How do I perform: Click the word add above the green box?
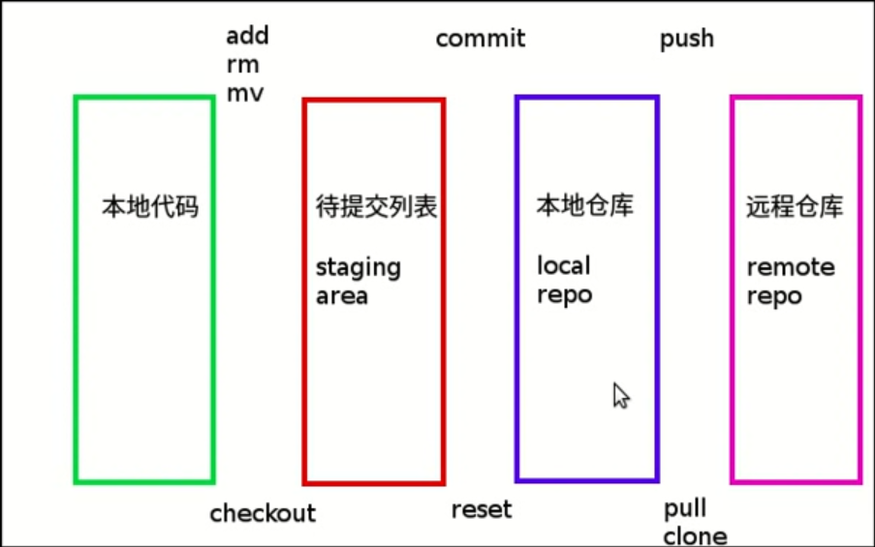point(247,37)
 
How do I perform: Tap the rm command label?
point(242,65)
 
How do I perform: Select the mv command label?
point(245,94)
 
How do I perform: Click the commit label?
point(480,39)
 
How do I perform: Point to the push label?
point(686,40)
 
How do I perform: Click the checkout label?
point(263,513)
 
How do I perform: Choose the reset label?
point(481,510)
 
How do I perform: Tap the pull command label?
point(684,509)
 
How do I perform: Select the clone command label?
point(695,535)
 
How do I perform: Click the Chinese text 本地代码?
point(150,206)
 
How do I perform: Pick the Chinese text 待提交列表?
point(376,206)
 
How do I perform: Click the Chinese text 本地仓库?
point(585,205)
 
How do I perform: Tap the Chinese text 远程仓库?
point(795,206)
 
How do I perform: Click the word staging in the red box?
point(358,268)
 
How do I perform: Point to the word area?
point(341,296)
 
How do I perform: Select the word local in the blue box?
point(563,265)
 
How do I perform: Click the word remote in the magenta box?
point(791,267)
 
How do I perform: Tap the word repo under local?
point(564,294)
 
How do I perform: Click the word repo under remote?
point(774,296)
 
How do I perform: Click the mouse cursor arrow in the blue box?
point(620,395)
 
